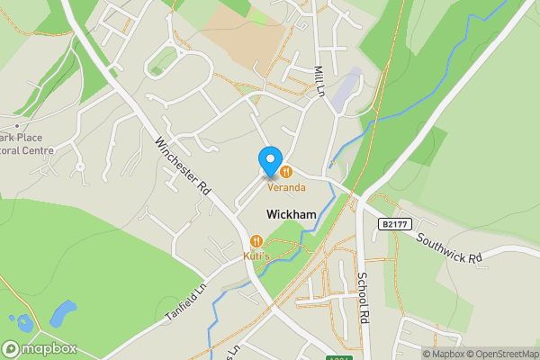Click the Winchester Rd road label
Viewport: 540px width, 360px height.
(181, 168)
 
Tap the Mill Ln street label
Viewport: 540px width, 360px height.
(319, 80)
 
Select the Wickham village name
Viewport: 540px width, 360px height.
(291, 214)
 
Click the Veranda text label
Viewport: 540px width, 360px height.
(285, 187)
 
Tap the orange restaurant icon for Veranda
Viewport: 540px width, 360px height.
(285, 170)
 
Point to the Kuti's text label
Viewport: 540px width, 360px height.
(257, 256)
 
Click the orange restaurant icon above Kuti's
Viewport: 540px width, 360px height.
(257, 240)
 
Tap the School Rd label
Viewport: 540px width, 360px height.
(364, 298)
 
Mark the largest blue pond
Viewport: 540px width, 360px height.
(62, 314)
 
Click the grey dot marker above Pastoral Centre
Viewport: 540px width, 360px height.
(15, 123)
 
